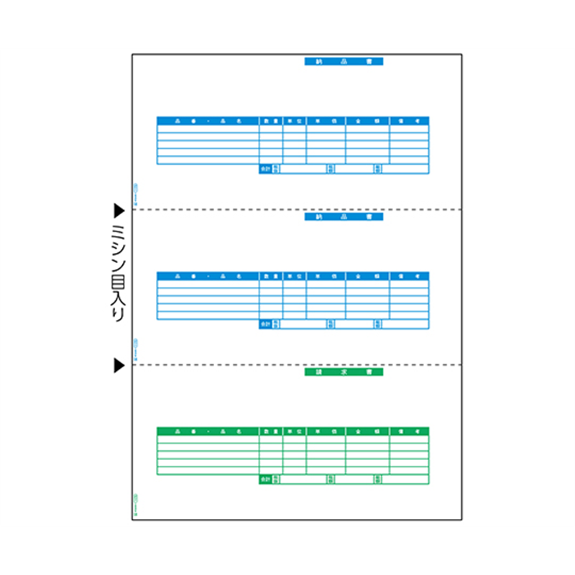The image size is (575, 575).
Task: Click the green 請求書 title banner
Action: (x=344, y=372)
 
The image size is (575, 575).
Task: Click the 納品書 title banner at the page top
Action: (x=344, y=62)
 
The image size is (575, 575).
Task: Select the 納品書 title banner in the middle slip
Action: (x=344, y=216)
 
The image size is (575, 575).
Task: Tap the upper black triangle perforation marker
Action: (x=119, y=210)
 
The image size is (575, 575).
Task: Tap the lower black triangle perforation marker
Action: (x=119, y=366)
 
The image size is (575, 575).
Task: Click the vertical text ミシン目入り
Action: (x=119, y=273)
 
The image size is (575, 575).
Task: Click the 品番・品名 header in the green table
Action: (x=208, y=431)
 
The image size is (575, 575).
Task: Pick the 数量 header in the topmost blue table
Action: (x=271, y=121)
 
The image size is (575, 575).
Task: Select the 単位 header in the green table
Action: (x=294, y=431)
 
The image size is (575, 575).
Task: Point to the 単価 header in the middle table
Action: (x=326, y=276)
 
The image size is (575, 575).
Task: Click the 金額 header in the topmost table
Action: (x=367, y=121)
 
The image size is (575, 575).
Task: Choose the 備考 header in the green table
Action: (x=409, y=431)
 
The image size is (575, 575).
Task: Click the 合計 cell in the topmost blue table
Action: (x=265, y=169)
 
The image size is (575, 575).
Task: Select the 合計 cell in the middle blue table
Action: (x=265, y=324)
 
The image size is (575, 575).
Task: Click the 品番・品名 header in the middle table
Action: (x=208, y=276)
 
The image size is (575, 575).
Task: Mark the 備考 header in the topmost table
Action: (x=409, y=121)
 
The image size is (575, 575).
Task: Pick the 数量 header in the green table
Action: (x=271, y=431)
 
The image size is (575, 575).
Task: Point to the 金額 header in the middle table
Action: (x=367, y=276)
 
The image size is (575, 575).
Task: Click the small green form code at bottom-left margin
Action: (x=135, y=500)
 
